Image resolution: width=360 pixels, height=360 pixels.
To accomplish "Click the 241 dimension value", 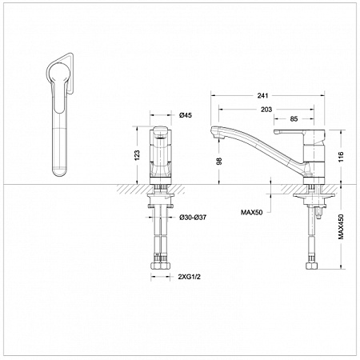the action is (262, 95).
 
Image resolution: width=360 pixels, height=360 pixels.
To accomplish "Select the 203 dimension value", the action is (266, 110).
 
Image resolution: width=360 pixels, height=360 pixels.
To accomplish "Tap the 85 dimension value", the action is (294, 119).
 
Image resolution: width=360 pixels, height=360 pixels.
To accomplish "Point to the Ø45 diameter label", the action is (186, 115).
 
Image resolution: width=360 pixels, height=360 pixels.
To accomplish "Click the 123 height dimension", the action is (137, 155).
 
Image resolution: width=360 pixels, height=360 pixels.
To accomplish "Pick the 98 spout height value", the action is (219, 162).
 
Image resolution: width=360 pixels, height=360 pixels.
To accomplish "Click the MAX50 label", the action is (252, 212).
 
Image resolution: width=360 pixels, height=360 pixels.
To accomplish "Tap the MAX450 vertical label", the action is (342, 226).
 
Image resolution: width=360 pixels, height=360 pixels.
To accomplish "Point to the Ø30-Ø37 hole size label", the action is (193, 218).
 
